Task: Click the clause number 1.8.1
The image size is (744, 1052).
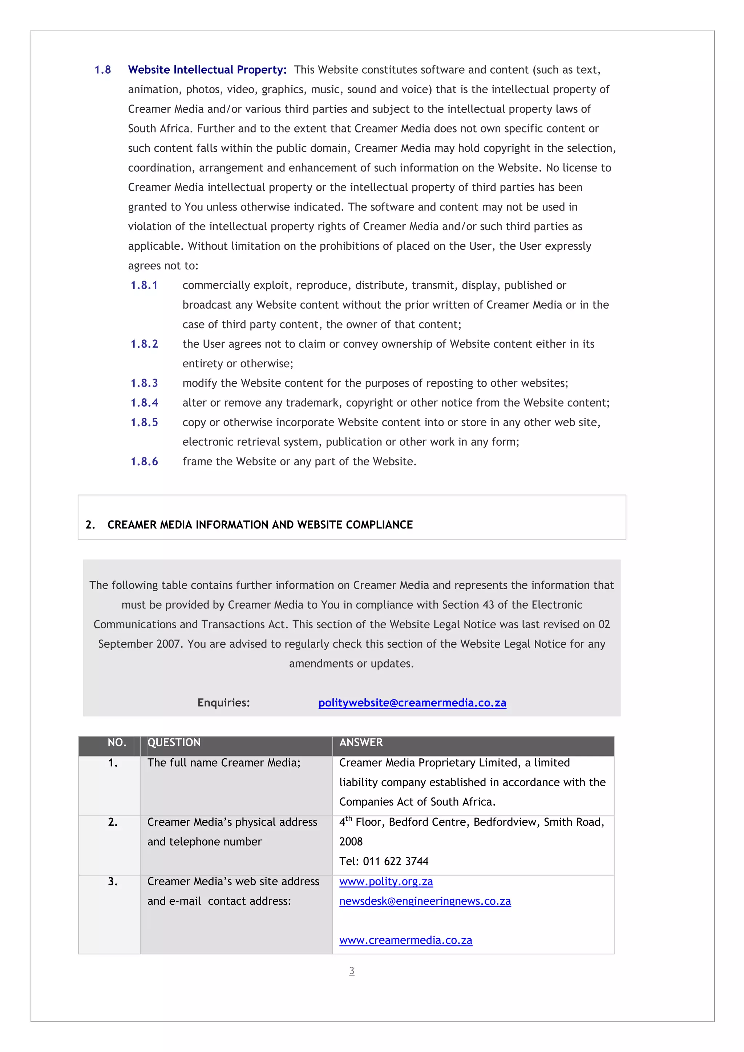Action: point(144,285)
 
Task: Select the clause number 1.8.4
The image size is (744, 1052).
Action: point(144,403)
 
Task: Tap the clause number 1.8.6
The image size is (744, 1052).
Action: point(144,461)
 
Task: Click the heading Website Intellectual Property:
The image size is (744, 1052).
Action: point(207,70)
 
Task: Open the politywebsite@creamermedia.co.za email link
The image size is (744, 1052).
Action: point(412,702)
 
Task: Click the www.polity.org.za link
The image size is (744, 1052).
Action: point(386,881)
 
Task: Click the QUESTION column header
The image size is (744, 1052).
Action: point(174,742)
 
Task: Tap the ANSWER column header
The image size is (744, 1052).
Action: point(361,742)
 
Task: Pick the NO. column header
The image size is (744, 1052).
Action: point(117,742)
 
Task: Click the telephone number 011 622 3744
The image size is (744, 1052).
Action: point(396,861)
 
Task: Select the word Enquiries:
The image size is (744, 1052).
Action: point(224,702)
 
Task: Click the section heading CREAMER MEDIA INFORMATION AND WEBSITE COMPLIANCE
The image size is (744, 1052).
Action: point(260,525)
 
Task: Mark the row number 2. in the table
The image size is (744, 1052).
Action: point(113,822)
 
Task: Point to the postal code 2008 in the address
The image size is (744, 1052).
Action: point(351,842)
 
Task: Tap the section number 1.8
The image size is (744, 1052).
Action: point(103,70)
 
